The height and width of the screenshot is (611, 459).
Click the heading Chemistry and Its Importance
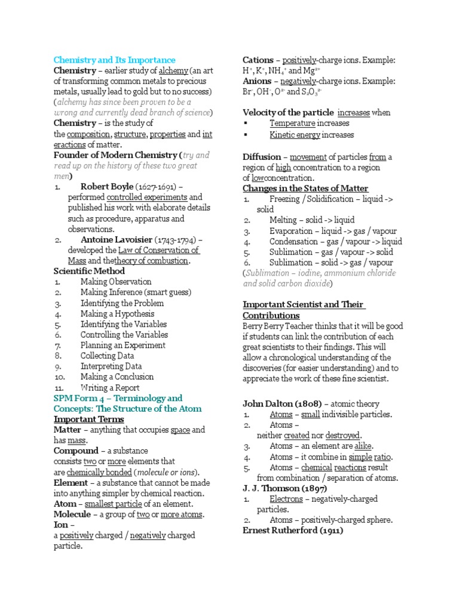(x=115, y=60)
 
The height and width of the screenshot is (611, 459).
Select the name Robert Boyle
(x=107, y=187)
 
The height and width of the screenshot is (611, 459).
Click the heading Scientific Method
(x=90, y=271)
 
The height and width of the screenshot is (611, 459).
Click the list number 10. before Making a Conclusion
(x=59, y=377)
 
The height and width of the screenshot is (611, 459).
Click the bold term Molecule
(x=72, y=514)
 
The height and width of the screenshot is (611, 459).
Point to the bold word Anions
(x=257, y=81)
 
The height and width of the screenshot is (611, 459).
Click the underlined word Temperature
(x=292, y=124)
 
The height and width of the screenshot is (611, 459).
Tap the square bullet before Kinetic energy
(x=246, y=135)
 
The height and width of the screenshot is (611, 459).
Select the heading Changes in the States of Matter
(x=305, y=189)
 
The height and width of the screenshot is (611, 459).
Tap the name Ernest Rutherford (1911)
(x=293, y=530)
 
